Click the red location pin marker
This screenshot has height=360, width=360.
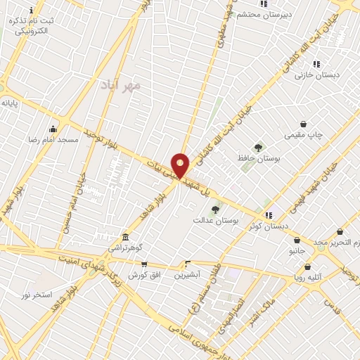coord(180,165)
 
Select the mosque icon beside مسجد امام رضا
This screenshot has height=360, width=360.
coord(53,129)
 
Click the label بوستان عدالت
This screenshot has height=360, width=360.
coord(216,220)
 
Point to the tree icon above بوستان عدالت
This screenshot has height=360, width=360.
coord(215,209)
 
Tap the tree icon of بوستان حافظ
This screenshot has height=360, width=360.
coord(258,148)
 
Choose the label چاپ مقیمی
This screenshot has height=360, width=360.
coord(303,134)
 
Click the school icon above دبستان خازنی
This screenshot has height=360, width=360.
coord(316,64)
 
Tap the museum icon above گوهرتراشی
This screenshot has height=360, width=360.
coord(125,237)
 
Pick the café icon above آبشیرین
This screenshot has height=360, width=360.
coord(187,264)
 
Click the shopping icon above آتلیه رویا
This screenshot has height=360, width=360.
coord(308,266)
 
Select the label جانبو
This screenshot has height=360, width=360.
coord(297,250)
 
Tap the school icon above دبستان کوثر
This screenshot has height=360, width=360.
coord(268,214)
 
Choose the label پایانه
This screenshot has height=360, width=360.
coord(9,103)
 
